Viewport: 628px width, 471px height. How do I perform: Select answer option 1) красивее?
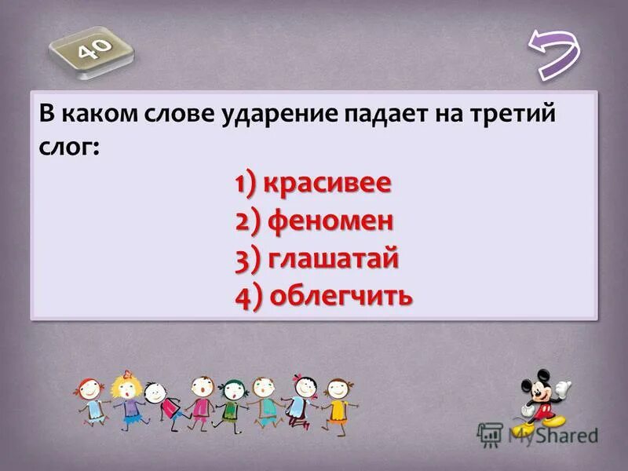(x=312, y=184)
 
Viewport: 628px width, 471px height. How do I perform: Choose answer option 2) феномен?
(x=313, y=221)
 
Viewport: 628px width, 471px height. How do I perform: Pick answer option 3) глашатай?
(x=316, y=258)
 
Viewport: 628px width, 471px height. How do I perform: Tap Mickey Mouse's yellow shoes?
(x=530, y=429)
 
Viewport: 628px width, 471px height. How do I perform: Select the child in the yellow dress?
(x=338, y=400)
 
